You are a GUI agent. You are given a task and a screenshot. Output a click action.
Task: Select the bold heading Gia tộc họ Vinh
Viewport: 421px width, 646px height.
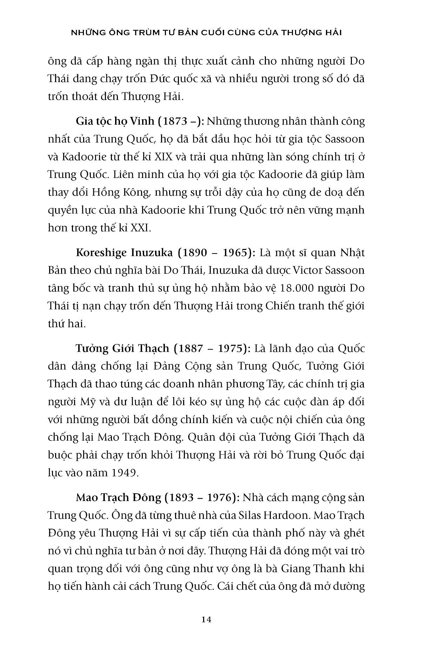click(115, 121)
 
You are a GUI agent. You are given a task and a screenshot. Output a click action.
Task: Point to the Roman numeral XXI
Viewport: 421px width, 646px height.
click(140, 228)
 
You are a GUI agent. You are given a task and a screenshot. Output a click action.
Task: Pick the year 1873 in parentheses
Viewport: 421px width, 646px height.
click(175, 121)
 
